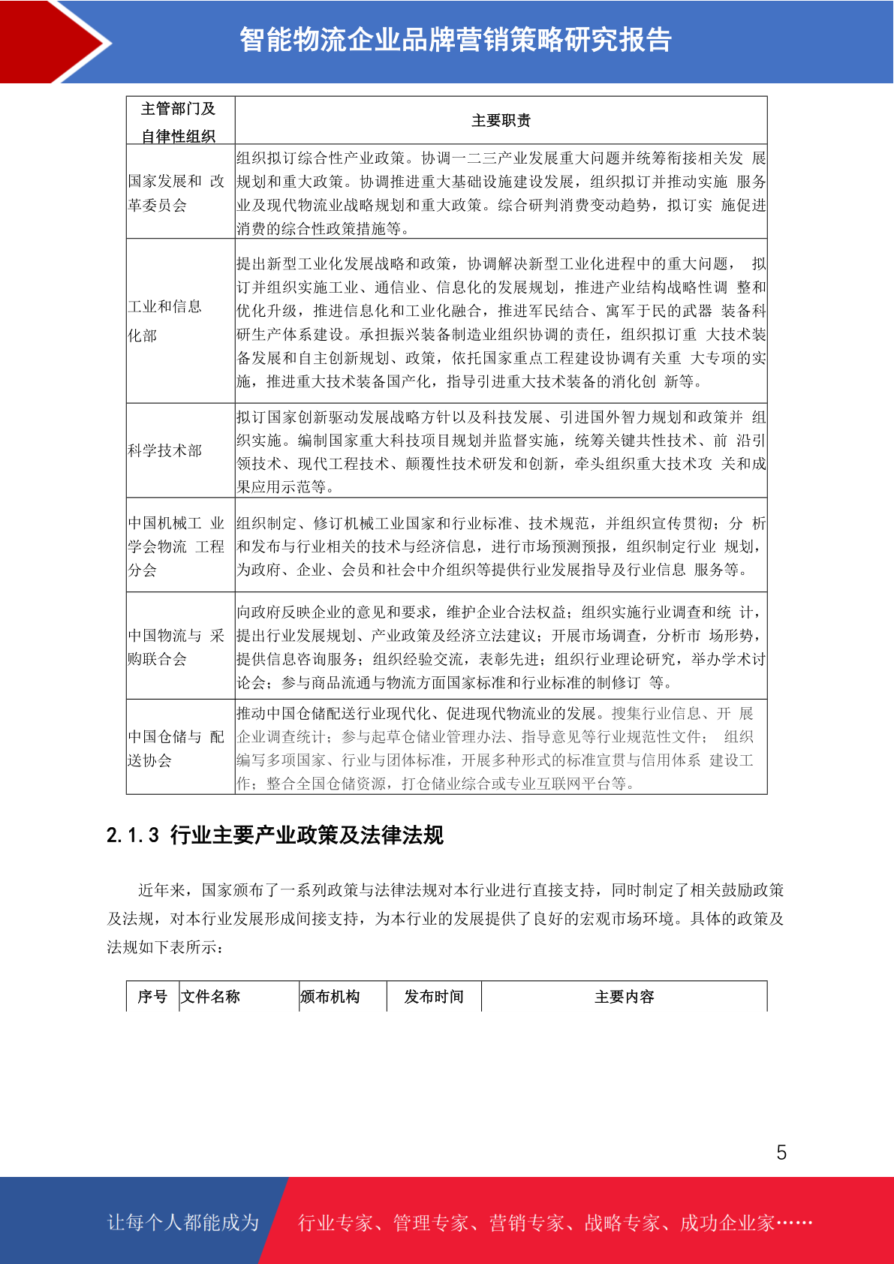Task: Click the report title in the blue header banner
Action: click(x=455, y=40)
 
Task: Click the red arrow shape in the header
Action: click(x=53, y=41)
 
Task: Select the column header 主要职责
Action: click(x=501, y=121)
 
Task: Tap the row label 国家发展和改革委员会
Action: click(x=176, y=193)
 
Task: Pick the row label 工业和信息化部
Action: click(x=164, y=321)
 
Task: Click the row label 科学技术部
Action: click(x=164, y=450)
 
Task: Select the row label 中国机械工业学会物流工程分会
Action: click(x=176, y=546)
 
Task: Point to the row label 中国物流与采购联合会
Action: click(x=176, y=647)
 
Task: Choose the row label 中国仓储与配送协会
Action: click(x=176, y=748)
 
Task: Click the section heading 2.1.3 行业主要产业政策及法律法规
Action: click(x=275, y=835)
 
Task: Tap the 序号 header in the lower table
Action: click(x=152, y=997)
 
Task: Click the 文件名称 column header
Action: click(x=210, y=997)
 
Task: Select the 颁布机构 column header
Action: click(x=330, y=997)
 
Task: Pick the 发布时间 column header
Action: click(x=434, y=997)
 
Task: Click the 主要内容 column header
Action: click(x=624, y=997)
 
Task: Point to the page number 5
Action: click(x=781, y=1152)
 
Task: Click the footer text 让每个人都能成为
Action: click(x=183, y=1223)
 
